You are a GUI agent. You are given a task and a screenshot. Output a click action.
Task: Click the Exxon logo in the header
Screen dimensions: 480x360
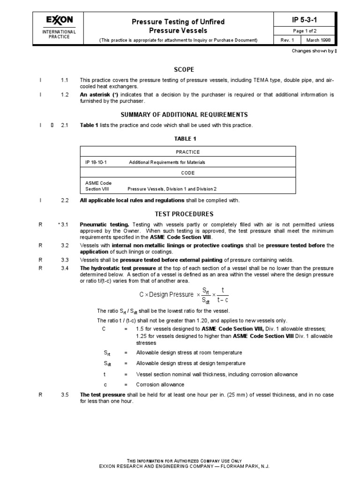click(59, 20)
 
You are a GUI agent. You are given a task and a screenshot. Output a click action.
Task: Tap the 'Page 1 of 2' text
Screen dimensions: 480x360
click(305, 31)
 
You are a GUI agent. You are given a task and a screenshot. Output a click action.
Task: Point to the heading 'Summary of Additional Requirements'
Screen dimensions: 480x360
click(184, 114)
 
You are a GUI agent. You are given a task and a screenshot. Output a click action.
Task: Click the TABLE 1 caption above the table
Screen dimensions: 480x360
click(186, 139)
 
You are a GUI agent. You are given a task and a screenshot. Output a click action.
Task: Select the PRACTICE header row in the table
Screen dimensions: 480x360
click(187, 152)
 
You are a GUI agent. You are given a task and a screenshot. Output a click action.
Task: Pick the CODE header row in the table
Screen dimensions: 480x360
click(187, 172)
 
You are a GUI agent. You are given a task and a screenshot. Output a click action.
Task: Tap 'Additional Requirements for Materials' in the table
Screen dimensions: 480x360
click(167, 162)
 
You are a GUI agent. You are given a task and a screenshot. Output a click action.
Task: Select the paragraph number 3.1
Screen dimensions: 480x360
click(64, 225)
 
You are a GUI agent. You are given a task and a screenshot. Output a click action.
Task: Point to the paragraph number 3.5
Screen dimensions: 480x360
click(64, 395)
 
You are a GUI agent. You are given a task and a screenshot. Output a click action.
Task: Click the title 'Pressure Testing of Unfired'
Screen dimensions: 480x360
click(178, 22)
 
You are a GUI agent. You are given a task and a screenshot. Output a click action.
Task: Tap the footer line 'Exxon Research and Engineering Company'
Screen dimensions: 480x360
click(184, 466)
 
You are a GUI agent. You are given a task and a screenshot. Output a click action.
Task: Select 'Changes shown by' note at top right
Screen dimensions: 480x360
click(312, 51)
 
